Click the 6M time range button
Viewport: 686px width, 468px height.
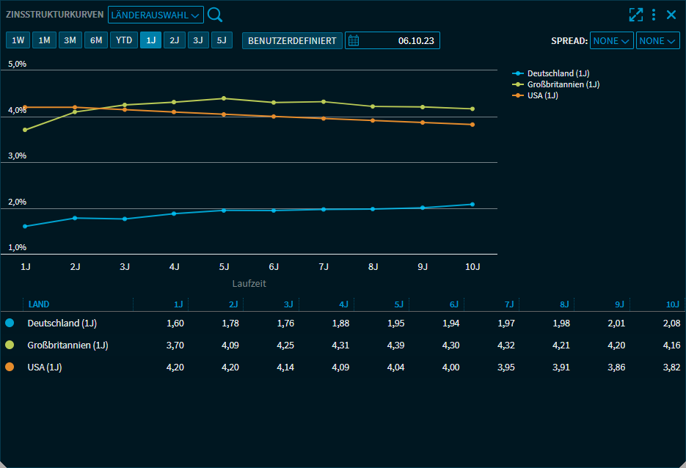pyautogui.click(x=96, y=40)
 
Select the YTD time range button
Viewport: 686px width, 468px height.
pyautogui.click(x=124, y=40)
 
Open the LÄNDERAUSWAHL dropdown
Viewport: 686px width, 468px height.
pyautogui.click(x=156, y=15)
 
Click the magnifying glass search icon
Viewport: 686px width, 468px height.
pyautogui.click(x=215, y=15)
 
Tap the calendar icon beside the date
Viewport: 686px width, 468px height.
pyautogui.click(x=354, y=40)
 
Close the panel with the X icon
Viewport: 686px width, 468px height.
pyautogui.click(x=671, y=15)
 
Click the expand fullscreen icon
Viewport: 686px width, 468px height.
pyautogui.click(x=635, y=15)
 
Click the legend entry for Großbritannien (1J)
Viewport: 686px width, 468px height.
pyautogui.click(x=563, y=84)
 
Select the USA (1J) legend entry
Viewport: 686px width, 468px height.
pyautogui.click(x=542, y=95)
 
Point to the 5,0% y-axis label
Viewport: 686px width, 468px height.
pyautogui.click(x=18, y=64)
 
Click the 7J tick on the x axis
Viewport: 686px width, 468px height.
pyautogui.click(x=324, y=267)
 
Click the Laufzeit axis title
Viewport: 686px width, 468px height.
pyautogui.click(x=249, y=283)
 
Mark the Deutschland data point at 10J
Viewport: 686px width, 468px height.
pyautogui.click(x=472, y=204)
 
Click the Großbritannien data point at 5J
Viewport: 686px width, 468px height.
pyautogui.click(x=224, y=98)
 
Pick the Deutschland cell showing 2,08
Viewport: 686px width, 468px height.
pyautogui.click(x=671, y=323)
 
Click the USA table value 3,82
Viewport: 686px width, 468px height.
pyautogui.click(x=671, y=367)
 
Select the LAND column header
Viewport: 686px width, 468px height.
pyautogui.click(x=39, y=304)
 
